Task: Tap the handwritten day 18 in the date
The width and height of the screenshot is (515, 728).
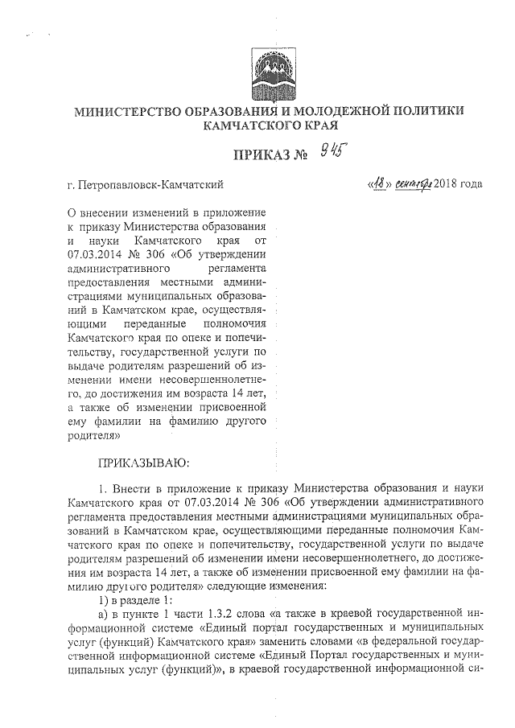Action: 375,184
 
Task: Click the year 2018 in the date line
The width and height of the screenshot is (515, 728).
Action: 447,185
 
